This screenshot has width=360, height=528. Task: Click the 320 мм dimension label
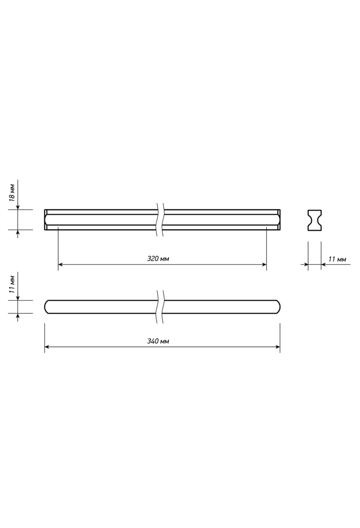point(158,259)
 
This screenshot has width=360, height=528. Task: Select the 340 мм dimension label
point(158,341)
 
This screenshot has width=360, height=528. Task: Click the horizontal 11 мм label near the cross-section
point(337,259)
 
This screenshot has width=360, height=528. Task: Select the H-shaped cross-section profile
point(314,220)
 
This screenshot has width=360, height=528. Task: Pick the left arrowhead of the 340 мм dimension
point(47,347)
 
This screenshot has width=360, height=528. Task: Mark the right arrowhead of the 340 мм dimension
point(278,347)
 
